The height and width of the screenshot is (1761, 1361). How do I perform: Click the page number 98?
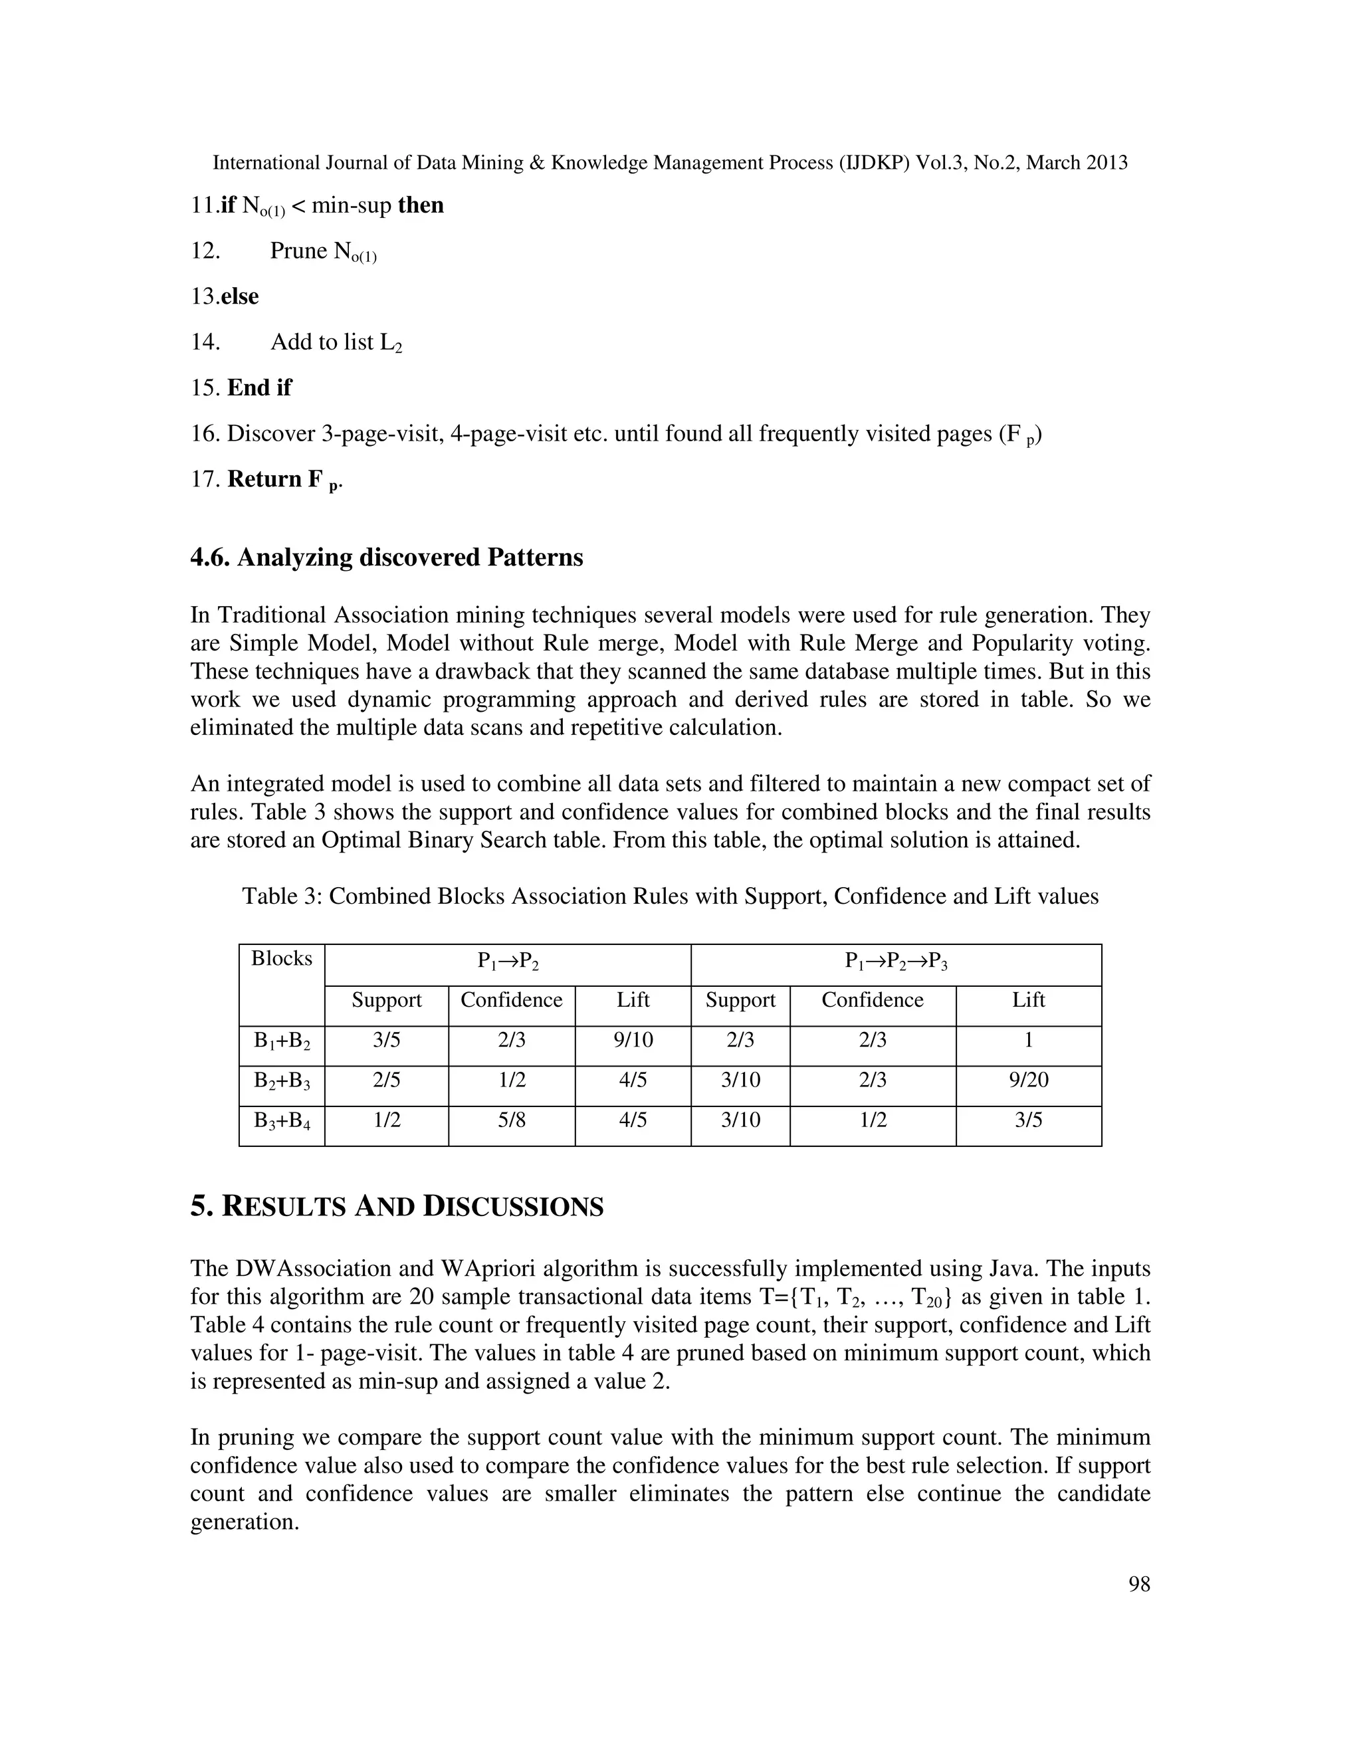[1138, 1584]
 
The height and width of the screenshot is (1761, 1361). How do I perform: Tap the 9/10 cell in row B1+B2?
[633, 1040]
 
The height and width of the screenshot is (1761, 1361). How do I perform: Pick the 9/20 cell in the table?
[1028, 1080]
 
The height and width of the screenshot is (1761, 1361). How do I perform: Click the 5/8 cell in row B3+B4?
[511, 1119]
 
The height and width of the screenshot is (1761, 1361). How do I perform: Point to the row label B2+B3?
[281, 1081]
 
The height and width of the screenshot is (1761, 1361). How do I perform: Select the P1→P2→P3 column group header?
[895, 960]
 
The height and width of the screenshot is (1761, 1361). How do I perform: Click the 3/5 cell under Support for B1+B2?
[386, 1040]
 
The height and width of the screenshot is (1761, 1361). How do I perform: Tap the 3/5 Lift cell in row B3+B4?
[1028, 1119]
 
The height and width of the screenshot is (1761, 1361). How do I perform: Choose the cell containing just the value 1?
[1028, 1040]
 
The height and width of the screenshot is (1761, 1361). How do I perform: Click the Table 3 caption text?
[670, 896]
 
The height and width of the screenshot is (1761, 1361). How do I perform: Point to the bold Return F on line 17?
[275, 480]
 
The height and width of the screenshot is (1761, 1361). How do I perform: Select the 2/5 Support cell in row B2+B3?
[386, 1080]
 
